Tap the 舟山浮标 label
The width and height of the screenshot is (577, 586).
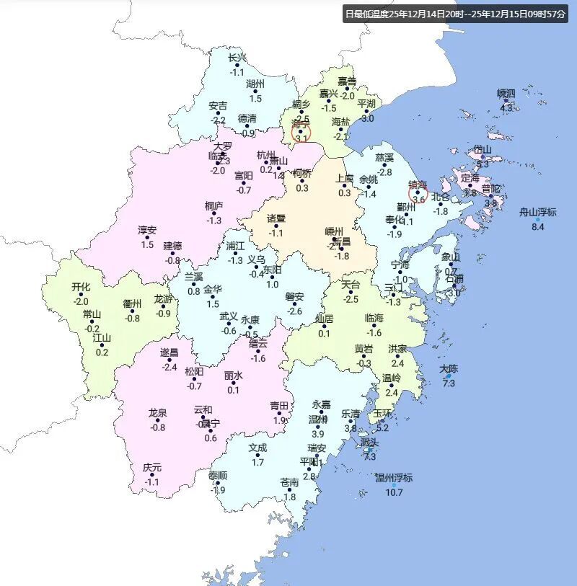pyautogui.click(x=538, y=212)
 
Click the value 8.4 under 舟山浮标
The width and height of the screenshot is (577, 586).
pyautogui.click(x=538, y=227)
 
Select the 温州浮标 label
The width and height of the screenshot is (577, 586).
pyautogui.click(x=394, y=478)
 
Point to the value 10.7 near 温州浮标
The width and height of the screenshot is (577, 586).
pyautogui.click(x=394, y=493)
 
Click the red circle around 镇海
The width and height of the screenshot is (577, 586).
pyautogui.click(x=418, y=192)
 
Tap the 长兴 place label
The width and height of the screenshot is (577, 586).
pyautogui.click(x=237, y=58)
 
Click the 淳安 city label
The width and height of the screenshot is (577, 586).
pyautogui.click(x=147, y=230)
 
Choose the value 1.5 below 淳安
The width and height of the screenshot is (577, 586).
pyautogui.click(x=147, y=245)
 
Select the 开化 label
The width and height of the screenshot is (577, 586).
pyautogui.click(x=81, y=287)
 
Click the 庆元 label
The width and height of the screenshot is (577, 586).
pyautogui.click(x=152, y=467)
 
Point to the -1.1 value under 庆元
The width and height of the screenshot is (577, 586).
pyautogui.click(x=152, y=482)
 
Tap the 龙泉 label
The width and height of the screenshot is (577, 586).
pyautogui.click(x=157, y=412)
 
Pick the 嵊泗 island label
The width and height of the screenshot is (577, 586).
pyautogui.click(x=506, y=94)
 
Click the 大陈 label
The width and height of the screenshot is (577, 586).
pyautogui.click(x=449, y=369)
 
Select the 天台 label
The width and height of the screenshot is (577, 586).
pyautogui.click(x=351, y=284)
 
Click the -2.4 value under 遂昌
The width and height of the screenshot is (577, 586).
pyautogui.click(x=169, y=367)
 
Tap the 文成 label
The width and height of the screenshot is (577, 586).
pyautogui.click(x=257, y=447)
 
